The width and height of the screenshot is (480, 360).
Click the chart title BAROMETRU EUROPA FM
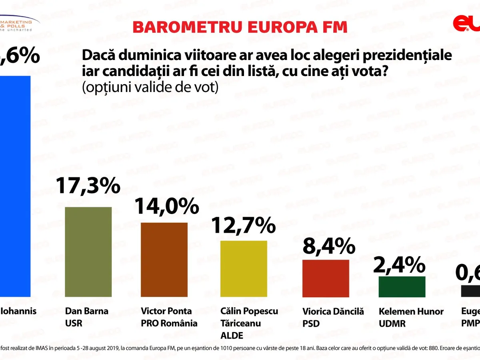click(x=240, y=27)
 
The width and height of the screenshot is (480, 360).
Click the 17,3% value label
click(x=88, y=186)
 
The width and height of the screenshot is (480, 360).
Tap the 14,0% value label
click(x=166, y=206)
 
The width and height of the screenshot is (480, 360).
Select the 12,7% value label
click(x=244, y=226)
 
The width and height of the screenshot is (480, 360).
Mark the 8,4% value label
click(x=329, y=246)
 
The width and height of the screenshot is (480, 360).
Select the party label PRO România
click(x=169, y=323)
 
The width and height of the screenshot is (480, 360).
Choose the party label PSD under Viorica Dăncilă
click(x=311, y=323)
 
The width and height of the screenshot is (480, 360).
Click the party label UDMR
click(x=392, y=323)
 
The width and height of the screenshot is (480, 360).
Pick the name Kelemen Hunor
click(x=411, y=311)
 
